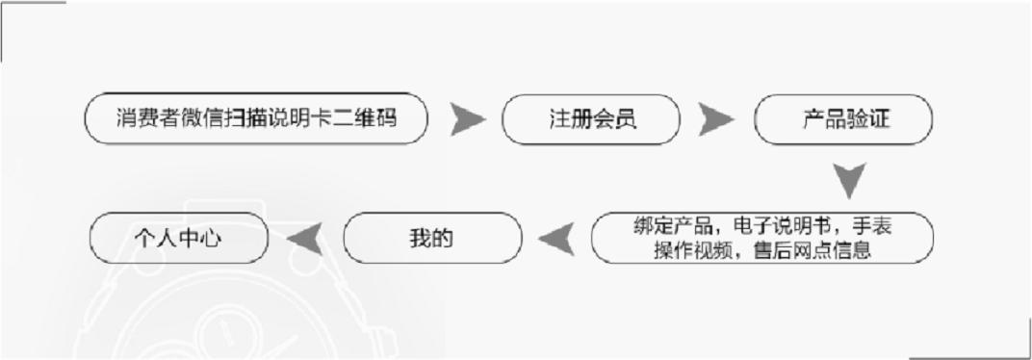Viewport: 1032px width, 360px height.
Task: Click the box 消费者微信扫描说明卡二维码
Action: pos(256,118)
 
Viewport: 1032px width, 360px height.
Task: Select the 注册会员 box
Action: pos(591,119)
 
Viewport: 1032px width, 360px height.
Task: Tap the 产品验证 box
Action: pos(843,119)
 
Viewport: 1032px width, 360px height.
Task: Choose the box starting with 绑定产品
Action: pos(761,238)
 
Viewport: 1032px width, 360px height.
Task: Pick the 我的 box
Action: pos(432,238)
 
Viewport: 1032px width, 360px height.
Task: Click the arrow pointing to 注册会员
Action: pos(468,119)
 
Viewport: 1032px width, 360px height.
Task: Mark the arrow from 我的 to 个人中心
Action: pos(305,238)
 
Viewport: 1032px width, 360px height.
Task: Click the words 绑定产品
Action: pos(672,227)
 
